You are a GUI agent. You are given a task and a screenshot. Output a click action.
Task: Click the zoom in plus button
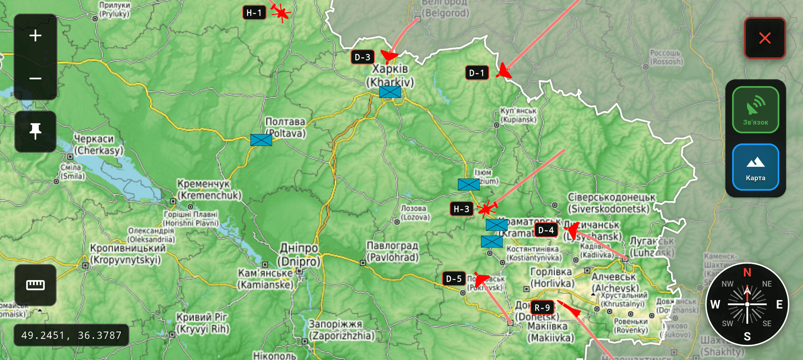pos(35,36)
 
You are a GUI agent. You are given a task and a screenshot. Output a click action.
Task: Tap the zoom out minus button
pos(35,78)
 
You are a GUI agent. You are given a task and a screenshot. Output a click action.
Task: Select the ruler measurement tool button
pos(35,285)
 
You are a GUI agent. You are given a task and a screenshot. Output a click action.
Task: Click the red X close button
pos(765,38)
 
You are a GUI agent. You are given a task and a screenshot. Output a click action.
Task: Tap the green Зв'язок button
pos(756,110)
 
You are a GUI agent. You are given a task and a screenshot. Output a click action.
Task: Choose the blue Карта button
pos(756,167)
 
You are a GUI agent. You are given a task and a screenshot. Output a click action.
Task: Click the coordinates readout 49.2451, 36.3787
pos(71,335)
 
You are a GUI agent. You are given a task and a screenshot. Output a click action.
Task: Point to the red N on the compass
pos(747,273)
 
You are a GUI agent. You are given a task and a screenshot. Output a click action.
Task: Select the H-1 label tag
pos(254,13)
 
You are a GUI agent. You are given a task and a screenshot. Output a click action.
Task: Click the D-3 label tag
pos(362,57)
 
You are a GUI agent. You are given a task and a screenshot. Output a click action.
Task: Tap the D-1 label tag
pos(477,73)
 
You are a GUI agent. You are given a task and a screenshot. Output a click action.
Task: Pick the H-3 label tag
pos(461,209)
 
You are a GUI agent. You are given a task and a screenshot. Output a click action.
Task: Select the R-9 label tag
pos(542,308)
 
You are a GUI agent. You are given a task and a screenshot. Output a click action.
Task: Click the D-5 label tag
pos(454,279)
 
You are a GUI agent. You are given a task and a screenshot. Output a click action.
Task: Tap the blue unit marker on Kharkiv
pos(390,92)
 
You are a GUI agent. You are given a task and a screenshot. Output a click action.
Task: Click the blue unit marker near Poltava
pos(261,140)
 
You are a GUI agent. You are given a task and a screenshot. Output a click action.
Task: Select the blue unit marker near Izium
pos(469,184)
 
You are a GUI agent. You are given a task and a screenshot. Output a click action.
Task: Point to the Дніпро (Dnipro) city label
pos(299,255)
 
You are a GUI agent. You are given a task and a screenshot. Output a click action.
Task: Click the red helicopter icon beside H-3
pos(487,209)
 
